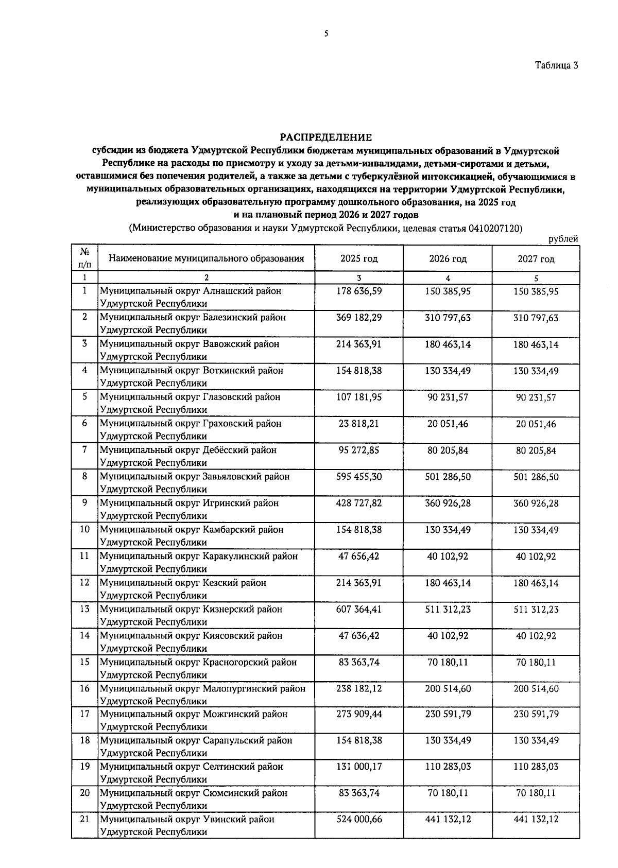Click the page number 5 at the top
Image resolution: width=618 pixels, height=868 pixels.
[x=326, y=34]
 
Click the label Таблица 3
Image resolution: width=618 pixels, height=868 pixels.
[x=556, y=65]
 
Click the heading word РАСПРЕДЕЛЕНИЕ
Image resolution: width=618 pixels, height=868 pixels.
[x=325, y=137]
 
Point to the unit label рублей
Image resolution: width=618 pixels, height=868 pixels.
[x=563, y=239]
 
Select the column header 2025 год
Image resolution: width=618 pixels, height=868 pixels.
[x=359, y=258]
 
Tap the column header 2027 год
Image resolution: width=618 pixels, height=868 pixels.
[x=536, y=259]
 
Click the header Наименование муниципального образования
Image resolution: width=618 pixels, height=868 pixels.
[x=207, y=258]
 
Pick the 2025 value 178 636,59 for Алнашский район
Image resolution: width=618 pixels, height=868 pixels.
[x=359, y=291]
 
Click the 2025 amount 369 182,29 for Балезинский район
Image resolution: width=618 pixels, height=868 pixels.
[x=359, y=317]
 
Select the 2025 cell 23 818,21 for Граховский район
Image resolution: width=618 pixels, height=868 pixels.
[x=359, y=423]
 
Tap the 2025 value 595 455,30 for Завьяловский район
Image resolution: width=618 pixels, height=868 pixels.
[x=359, y=477]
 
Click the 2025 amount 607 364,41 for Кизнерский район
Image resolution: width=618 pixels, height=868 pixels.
[x=359, y=609]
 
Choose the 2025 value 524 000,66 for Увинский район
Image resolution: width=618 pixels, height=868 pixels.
[x=359, y=819]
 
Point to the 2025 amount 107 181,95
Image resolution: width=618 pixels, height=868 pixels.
[x=359, y=397]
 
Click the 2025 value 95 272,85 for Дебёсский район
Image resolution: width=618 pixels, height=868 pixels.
[x=359, y=450]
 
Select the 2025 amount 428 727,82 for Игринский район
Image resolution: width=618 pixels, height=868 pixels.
[x=359, y=503]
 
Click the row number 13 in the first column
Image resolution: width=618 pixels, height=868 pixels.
[x=85, y=609]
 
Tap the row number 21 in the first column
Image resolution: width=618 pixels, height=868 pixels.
[x=85, y=819]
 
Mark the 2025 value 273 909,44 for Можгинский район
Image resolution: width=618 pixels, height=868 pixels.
[x=359, y=714]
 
